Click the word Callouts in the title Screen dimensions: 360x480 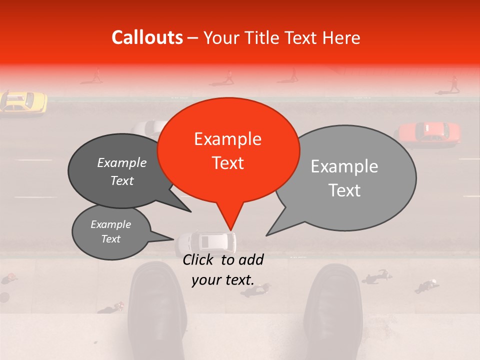coord(147,37)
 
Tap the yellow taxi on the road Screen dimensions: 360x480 coord(23,101)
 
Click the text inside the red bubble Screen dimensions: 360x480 coord(228,150)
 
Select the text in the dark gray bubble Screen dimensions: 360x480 coord(122,171)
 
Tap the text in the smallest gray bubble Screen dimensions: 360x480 coord(110,231)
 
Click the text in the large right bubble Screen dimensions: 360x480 coord(344,178)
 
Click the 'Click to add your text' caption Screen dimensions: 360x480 coord(223,269)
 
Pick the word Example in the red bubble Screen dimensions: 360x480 coord(228,139)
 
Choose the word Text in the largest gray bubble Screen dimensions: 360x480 coord(344,190)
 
